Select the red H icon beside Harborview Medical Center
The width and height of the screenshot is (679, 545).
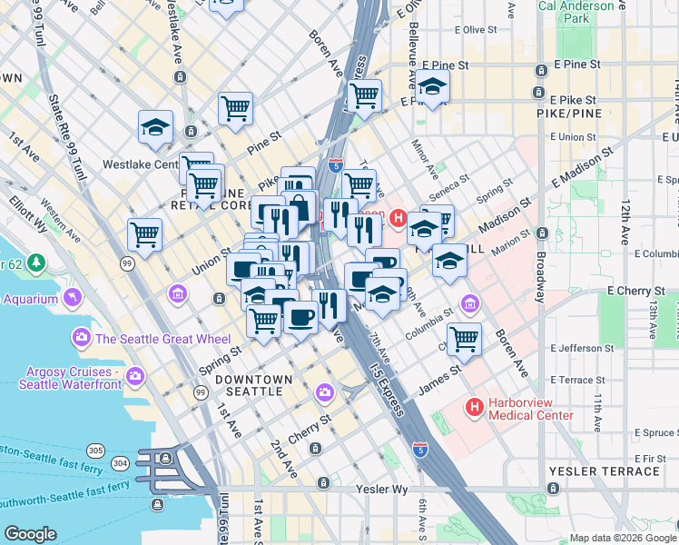(473, 408)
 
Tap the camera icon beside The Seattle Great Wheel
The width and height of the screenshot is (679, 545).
(82, 339)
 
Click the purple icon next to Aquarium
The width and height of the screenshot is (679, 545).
(72, 298)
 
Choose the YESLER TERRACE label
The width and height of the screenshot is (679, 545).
(604, 471)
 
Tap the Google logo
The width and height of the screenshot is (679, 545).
(31, 534)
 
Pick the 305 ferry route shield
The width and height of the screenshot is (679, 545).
(94, 450)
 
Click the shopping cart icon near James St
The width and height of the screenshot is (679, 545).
(464, 338)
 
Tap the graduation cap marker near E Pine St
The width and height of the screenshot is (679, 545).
(432, 87)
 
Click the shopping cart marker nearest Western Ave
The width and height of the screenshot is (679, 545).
(145, 235)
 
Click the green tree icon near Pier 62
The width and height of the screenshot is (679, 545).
(36, 263)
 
